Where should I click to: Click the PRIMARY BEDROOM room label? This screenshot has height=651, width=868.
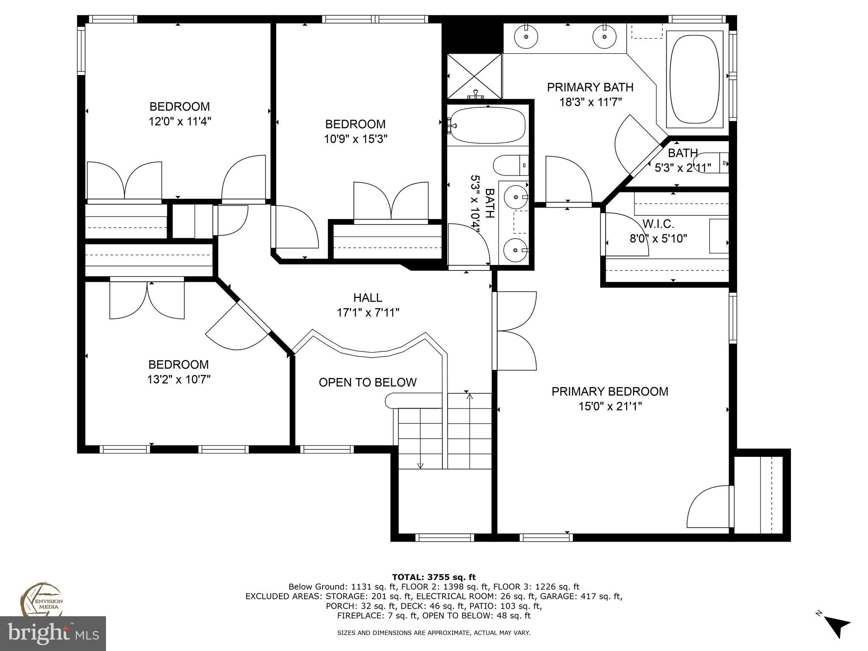click(x=609, y=391)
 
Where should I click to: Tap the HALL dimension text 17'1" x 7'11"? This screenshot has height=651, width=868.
click(x=368, y=313)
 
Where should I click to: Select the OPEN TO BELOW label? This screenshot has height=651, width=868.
click(x=367, y=382)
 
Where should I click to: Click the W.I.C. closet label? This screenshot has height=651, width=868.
click(x=658, y=224)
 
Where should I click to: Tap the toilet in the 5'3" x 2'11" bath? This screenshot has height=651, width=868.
click(x=716, y=163)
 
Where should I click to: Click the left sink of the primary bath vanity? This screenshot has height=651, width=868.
click(x=526, y=36)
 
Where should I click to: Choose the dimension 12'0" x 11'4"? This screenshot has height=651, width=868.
click(x=180, y=122)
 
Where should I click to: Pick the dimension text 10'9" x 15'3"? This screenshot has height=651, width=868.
click(x=356, y=139)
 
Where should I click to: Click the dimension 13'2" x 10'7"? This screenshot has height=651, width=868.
click(x=179, y=379)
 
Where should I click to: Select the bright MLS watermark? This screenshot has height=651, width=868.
click(x=53, y=633)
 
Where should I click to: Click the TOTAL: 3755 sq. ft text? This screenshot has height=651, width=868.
click(x=434, y=577)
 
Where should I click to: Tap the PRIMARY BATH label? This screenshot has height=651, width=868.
click(x=590, y=87)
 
